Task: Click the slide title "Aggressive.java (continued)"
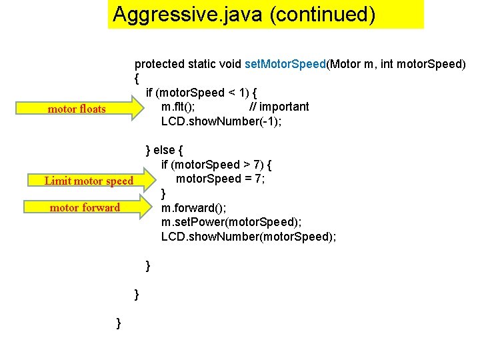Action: (244, 15)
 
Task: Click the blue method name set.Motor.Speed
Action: (285, 64)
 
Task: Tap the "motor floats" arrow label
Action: (77, 109)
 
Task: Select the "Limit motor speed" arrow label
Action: (89, 181)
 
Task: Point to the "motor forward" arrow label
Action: (85, 207)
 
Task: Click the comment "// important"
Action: (279, 107)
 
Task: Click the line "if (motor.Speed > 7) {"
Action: (216, 165)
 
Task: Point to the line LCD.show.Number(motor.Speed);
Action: (248, 236)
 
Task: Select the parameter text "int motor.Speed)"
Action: (423, 64)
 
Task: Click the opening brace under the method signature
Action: (137, 79)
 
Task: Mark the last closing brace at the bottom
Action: (119, 323)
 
